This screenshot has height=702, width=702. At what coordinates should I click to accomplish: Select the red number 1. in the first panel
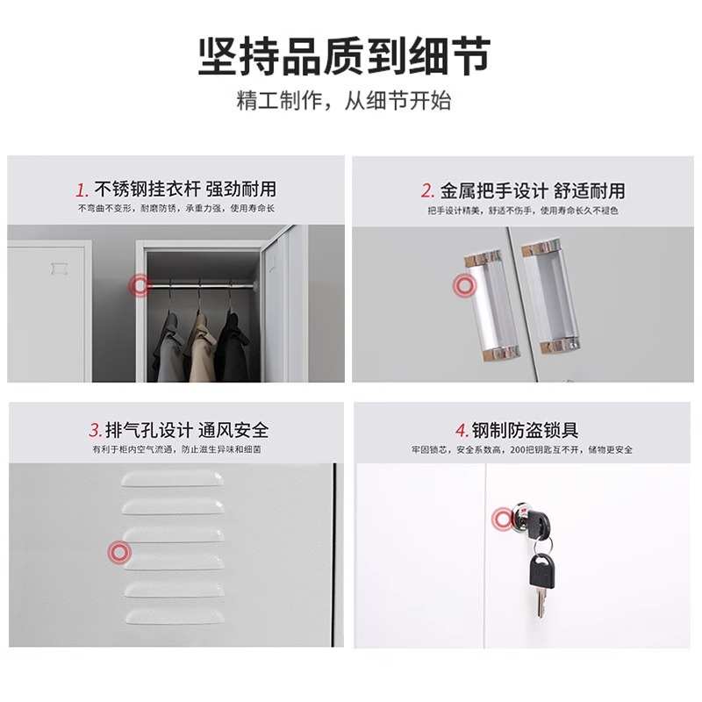(x=82, y=190)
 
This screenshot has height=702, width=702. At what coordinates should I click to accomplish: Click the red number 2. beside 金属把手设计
(x=427, y=190)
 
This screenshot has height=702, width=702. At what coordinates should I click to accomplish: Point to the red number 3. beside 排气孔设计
(x=95, y=431)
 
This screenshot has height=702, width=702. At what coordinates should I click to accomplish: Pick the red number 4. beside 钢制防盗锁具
(x=462, y=431)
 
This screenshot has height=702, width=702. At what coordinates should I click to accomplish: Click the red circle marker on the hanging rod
(x=140, y=285)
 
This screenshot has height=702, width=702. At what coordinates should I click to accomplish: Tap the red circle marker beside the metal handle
(x=463, y=286)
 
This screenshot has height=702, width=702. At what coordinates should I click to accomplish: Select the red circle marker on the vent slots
(x=119, y=552)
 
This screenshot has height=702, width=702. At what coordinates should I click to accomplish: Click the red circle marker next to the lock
(x=503, y=520)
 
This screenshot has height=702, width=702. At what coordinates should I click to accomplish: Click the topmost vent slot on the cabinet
(x=173, y=478)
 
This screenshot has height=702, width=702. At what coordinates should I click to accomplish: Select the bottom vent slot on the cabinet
(x=173, y=616)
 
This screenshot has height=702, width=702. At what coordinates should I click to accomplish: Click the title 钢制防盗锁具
(x=525, y=430)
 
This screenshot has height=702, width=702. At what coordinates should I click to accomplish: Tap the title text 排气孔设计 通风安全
(x=186, y=430)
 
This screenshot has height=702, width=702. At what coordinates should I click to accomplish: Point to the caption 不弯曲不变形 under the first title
(x=104, y=209)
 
